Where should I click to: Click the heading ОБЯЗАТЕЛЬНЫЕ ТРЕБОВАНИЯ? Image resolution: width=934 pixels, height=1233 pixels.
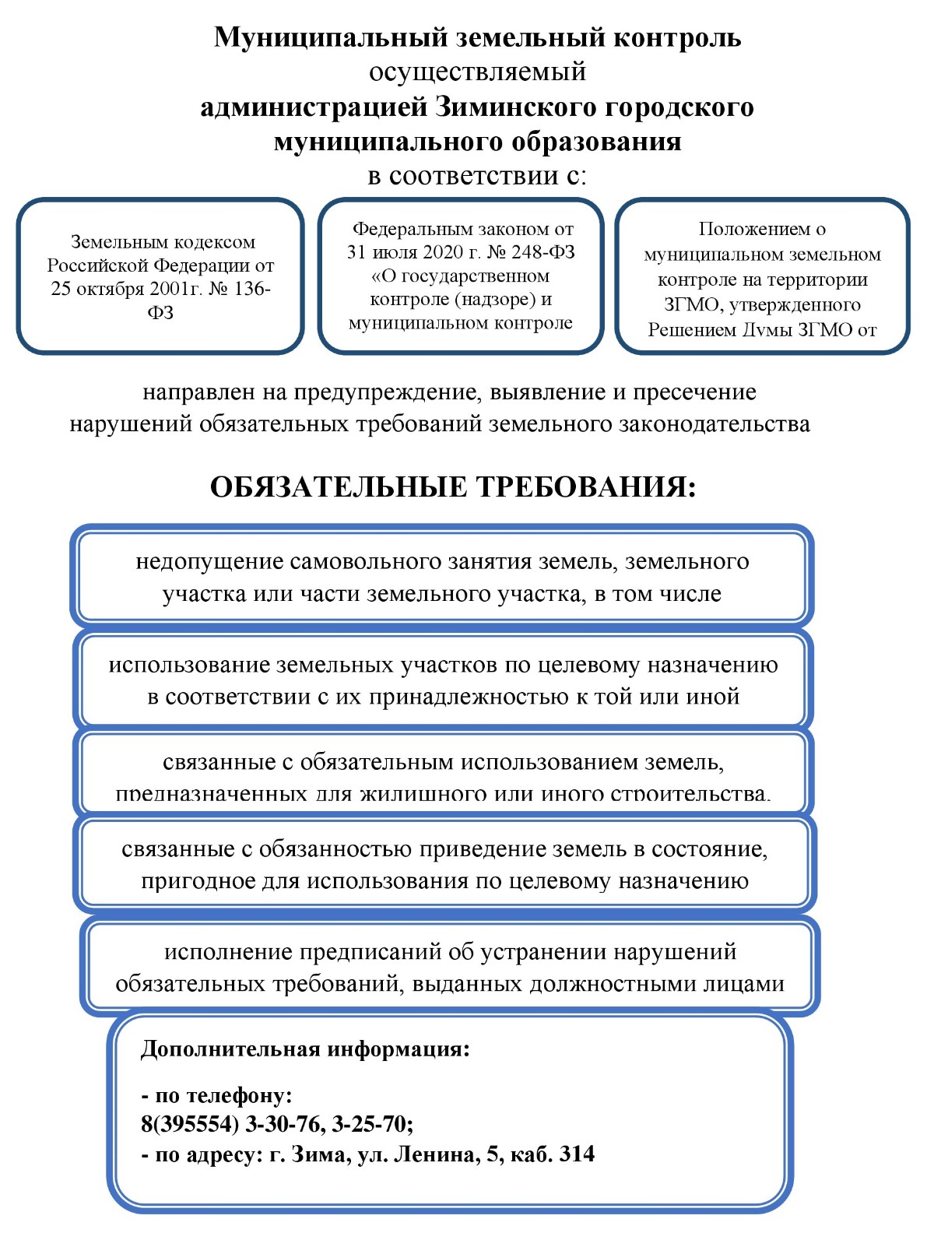pos(453,487)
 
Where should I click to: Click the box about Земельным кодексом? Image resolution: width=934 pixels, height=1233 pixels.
pos(160,276)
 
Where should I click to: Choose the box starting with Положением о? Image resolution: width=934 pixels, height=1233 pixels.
pos(762,276)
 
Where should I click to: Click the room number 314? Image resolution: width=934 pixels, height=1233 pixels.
pos(577,1154)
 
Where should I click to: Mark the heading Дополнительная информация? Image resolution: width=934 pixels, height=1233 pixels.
pos(305,1049)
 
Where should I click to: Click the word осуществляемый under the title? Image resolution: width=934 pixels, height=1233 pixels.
pos(477,72)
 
